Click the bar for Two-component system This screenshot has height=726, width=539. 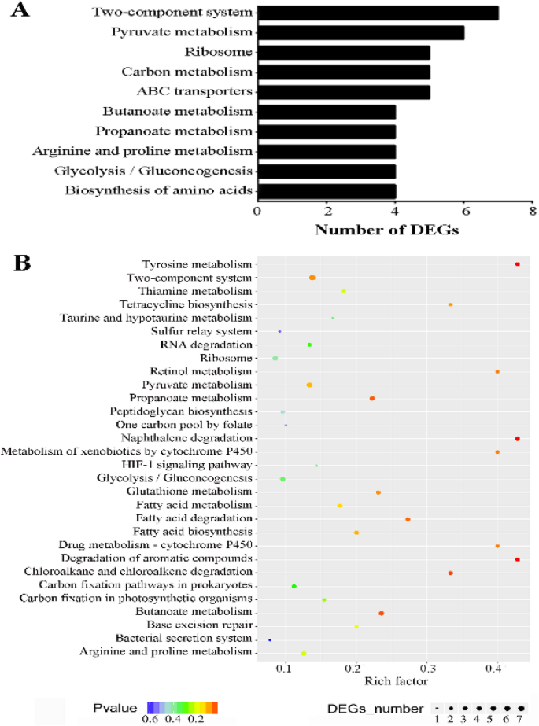pos(378,13)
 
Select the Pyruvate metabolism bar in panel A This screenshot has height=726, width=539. pos(360,33)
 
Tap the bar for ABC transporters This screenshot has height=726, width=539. pos(343,92)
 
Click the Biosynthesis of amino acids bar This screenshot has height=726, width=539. pos(326,190)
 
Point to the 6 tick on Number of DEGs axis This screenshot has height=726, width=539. pos(464,211)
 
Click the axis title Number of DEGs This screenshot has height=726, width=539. pos(387,230)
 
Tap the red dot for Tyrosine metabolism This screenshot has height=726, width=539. pos(517,264)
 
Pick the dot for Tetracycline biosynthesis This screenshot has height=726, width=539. pos(450,304)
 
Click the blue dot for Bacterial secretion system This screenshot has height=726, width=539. pos(270,639)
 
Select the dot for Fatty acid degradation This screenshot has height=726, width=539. pos(408,519)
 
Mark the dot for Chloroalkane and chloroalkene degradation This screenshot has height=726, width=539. pos(450,573)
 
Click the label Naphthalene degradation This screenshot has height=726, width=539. pos(186,437)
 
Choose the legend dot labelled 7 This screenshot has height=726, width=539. pos(520,708)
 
